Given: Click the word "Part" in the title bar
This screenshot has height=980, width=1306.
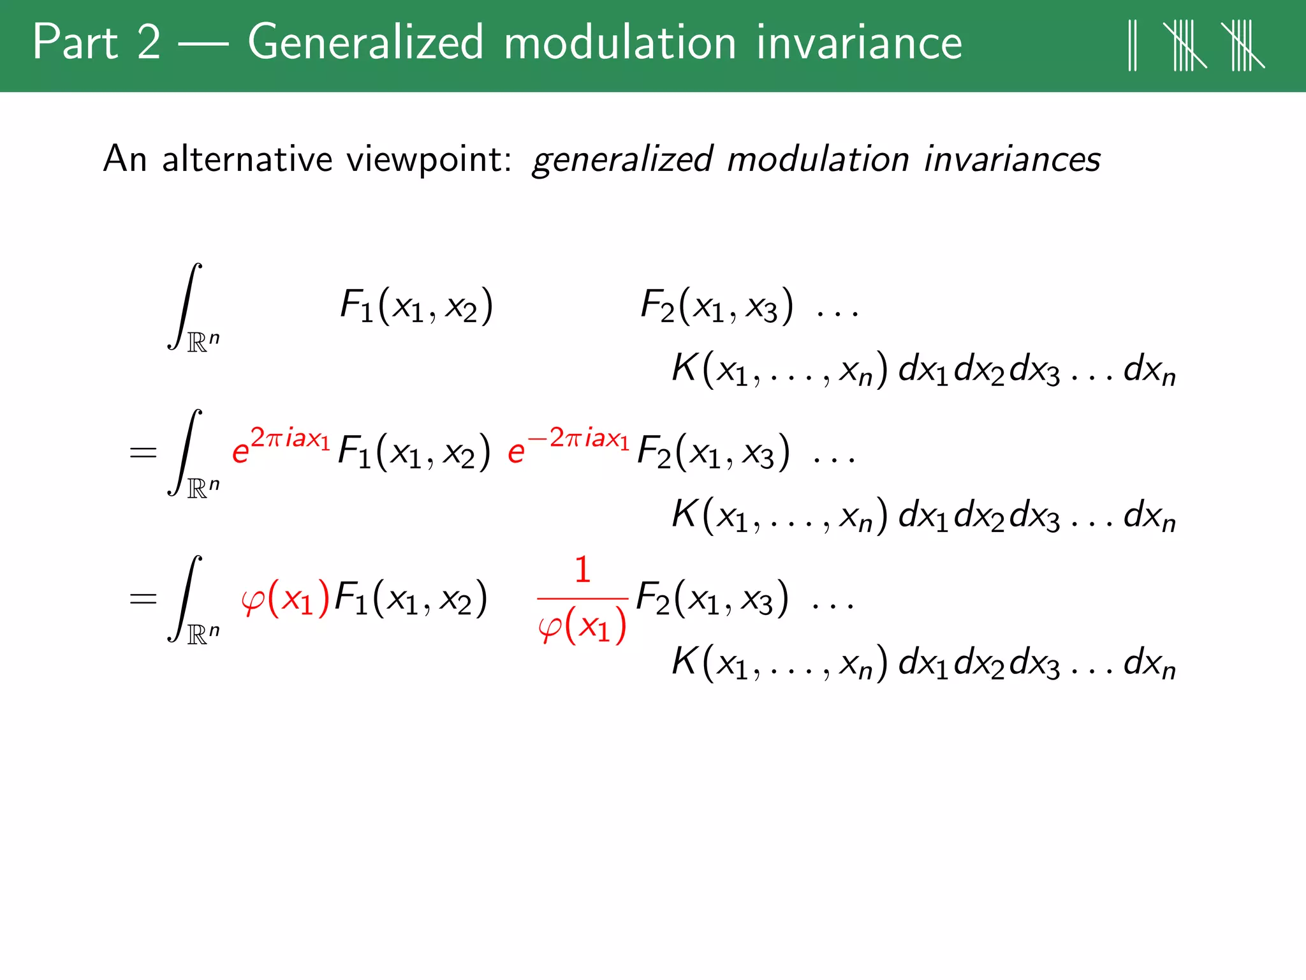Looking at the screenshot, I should pos(75,42).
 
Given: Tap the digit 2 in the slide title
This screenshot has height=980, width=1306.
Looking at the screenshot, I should pos(149,42).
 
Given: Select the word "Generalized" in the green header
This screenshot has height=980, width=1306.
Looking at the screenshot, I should pos(365,42).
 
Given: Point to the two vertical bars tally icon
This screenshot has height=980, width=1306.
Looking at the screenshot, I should pos(1133,45).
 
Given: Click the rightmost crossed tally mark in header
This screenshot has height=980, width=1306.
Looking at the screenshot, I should pos(1242,45).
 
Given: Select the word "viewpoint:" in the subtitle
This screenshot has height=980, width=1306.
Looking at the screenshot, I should pos(429,160).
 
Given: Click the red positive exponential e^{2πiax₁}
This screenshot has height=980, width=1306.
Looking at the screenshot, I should pos(281,447).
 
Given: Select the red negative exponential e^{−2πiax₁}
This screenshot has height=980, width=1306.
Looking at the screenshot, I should pos(568,447).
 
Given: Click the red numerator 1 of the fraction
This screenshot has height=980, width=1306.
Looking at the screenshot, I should pos(582,570).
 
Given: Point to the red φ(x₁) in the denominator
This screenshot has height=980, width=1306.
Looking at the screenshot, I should pos(582,626).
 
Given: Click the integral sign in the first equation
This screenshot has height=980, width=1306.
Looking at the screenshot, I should pos(185,306).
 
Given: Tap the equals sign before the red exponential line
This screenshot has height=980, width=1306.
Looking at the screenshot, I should pos(142,453).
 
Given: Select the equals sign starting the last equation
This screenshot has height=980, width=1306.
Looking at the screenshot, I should pos(142,599).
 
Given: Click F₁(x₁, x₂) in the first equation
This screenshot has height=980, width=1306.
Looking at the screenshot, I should pos(416,306).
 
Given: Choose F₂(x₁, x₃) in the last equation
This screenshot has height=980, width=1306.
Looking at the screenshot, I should pos(712,599).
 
